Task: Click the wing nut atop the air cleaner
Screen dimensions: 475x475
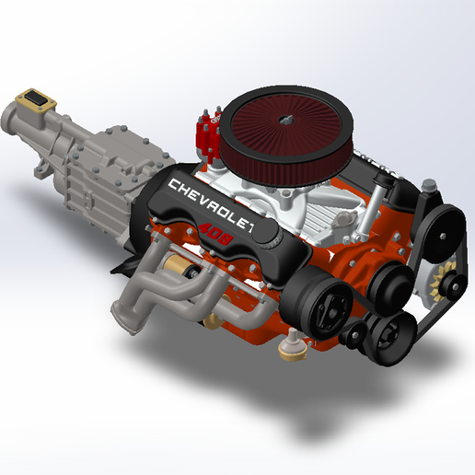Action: point(285,120)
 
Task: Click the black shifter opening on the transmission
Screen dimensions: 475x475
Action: point(36,98)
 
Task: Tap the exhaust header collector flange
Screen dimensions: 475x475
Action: point(127,319)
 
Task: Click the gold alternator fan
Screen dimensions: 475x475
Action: point(438,280)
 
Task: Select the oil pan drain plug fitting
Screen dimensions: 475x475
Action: point(293,345)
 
